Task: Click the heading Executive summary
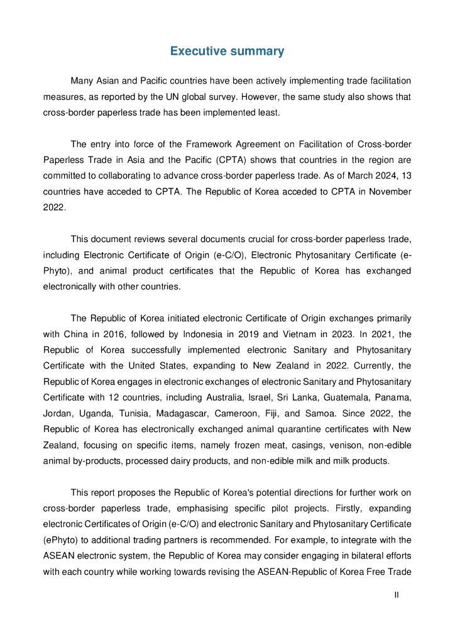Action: [227, 51]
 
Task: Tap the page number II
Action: [397, 594]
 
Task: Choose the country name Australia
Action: [224, 397]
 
